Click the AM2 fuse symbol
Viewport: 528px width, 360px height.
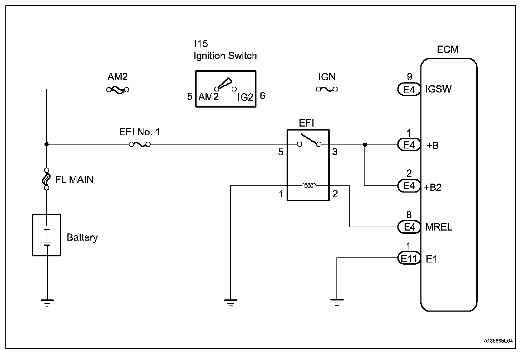tap(118, 90)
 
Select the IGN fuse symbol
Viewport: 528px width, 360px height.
tap(326, 89)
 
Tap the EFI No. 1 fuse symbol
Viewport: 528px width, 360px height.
tap(140, 145)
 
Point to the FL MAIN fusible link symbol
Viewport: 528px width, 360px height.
tap(46, 179)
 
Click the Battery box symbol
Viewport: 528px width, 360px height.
tap(47, 235)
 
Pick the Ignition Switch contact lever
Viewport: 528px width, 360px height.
tap(223, 85)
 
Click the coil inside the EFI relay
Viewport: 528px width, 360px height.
tap(308, 186)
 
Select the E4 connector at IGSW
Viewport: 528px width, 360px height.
tap(409, 89)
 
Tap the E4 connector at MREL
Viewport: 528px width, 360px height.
tap(409, 227)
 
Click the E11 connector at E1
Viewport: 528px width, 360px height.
tap(409, 258)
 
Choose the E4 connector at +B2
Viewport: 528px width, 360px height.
tap(409, 186)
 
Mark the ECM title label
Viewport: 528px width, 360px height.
tap(447, 49)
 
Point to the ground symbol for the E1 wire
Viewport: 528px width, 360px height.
tap(337, 303)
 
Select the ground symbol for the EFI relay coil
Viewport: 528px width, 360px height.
tap(231, 303)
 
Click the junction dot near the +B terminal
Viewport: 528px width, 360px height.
tap(365, 145)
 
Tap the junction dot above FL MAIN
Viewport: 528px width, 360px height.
tap(47, 145)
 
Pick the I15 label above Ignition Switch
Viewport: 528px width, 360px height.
tap(201, 44)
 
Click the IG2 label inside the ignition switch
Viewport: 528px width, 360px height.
tap(245, 97)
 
